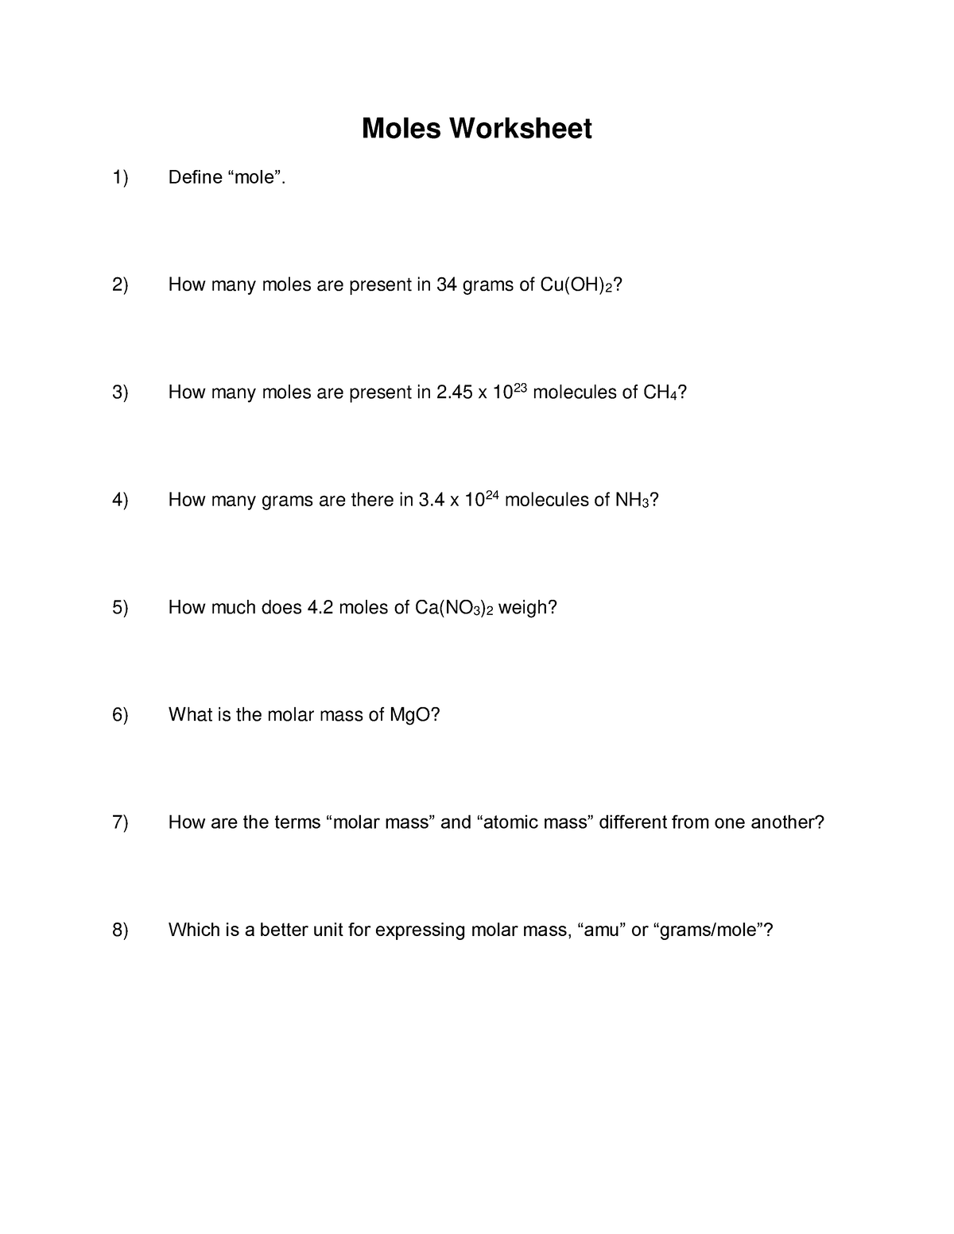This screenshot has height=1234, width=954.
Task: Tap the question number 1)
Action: pos(120,177)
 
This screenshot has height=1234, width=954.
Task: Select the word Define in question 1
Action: pos(195,177)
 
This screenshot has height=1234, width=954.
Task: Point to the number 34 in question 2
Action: pos(447,284)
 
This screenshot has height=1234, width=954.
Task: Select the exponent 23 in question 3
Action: pos(518,385)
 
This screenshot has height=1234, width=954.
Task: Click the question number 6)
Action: pos(120,715)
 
